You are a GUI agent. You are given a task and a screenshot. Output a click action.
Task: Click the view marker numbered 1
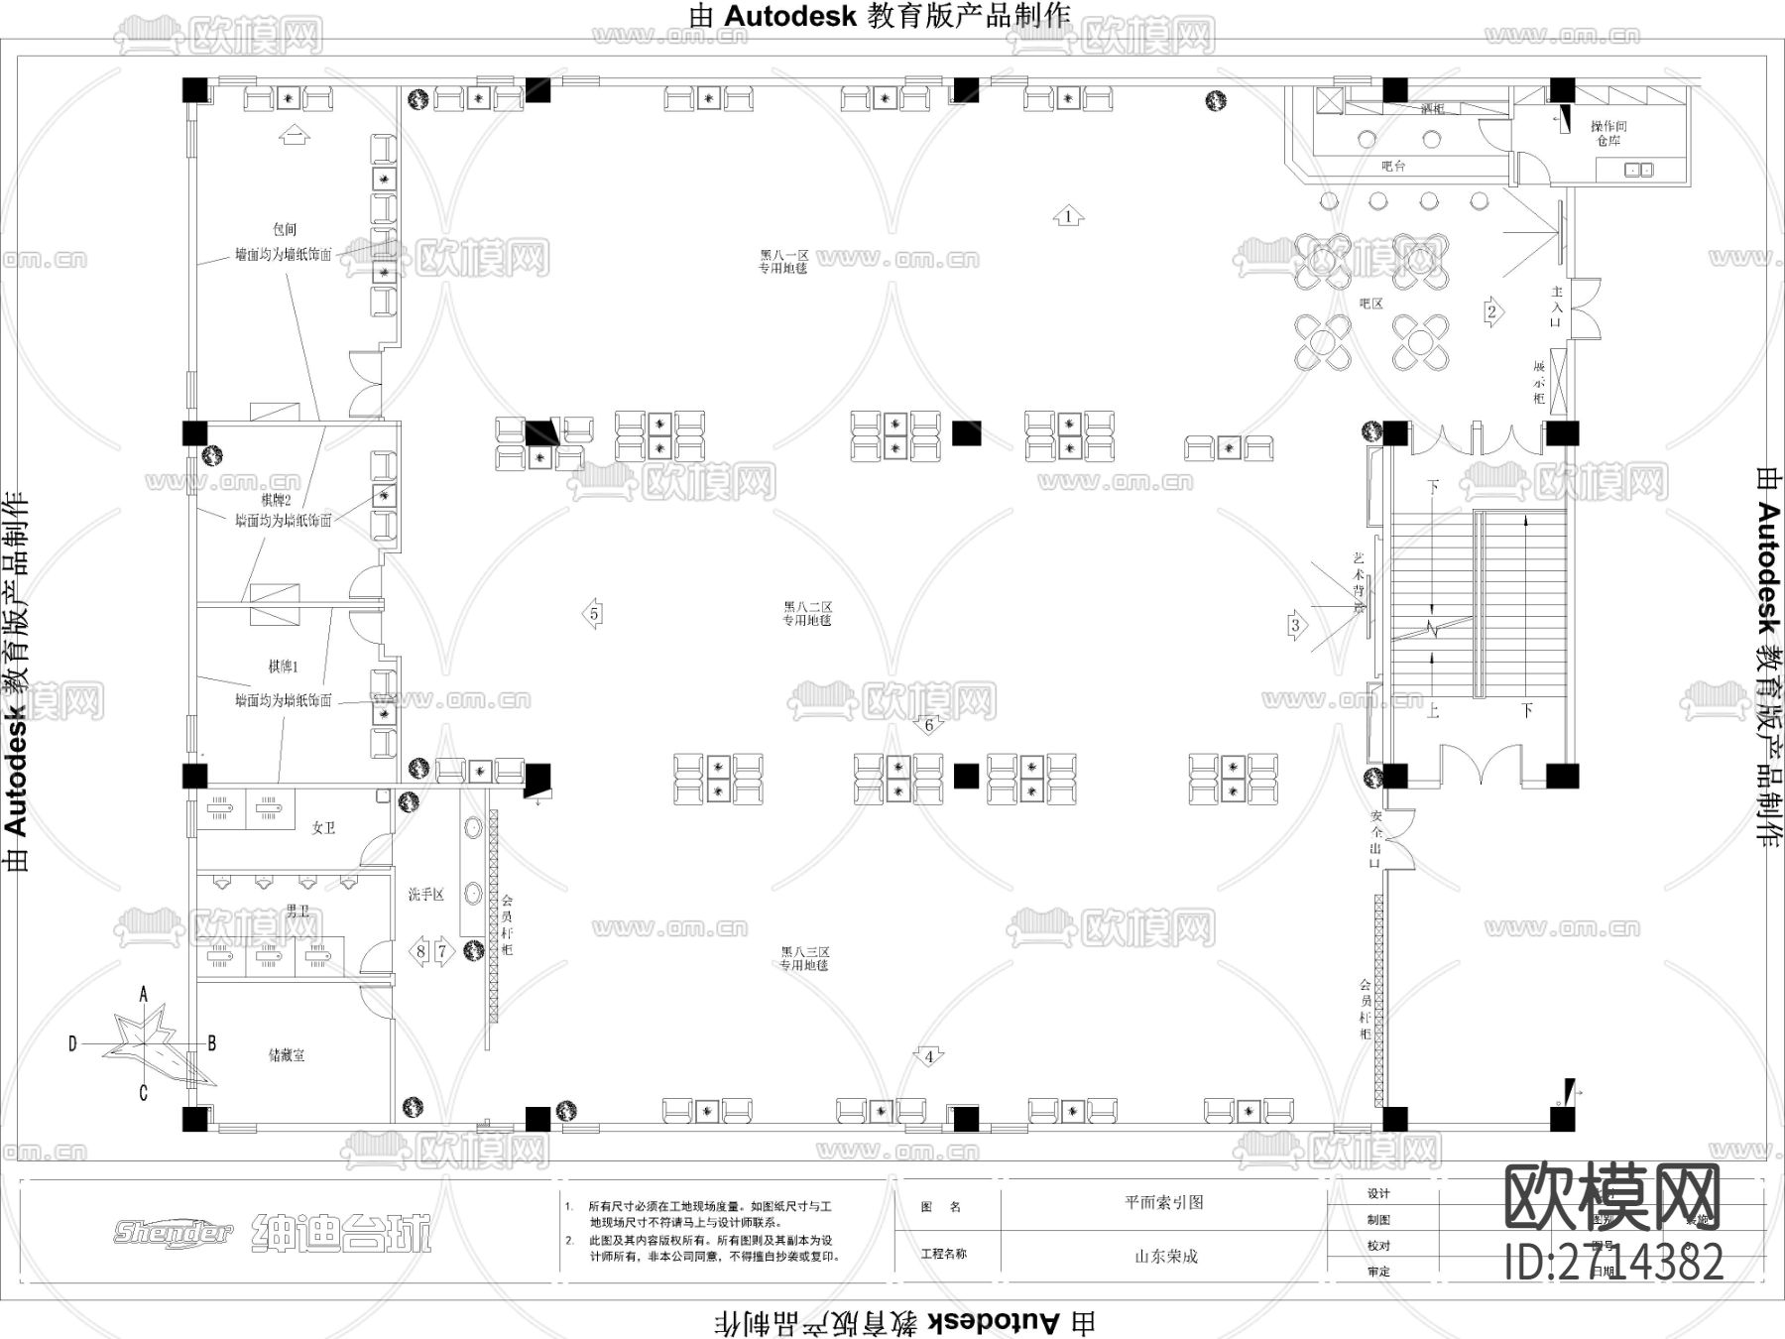point(1068,216)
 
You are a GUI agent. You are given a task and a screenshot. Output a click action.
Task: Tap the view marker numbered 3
point(1295,625)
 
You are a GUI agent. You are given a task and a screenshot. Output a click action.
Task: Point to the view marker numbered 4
point(928,1056)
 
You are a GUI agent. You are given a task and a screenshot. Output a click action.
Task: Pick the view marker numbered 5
point(594,614)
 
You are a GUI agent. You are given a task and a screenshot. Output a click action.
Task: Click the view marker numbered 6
point(928,725)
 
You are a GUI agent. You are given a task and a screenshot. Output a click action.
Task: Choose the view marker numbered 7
point(443,951)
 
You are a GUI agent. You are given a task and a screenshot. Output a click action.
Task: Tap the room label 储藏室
point(287,1055)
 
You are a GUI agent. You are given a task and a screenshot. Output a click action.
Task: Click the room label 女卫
point(323,827)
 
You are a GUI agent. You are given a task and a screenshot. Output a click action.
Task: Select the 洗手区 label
point(426,895)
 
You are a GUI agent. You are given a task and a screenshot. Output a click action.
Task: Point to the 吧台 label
point(1393,166)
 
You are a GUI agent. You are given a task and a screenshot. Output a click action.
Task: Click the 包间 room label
point(285,230)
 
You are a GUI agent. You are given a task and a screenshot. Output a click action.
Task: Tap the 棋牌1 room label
point(283,667)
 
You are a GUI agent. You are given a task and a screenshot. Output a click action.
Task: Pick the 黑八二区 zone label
point(807,606)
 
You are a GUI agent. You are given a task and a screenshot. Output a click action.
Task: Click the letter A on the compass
point(144,993)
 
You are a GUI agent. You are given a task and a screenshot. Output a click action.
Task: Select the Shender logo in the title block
point(174,1233)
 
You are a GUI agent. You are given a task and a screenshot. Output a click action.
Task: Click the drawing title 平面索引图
point(1164,1202)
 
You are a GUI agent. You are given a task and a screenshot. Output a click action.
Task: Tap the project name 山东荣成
point(1166,1256)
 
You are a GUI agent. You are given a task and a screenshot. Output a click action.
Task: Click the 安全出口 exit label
point(1376,839)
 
